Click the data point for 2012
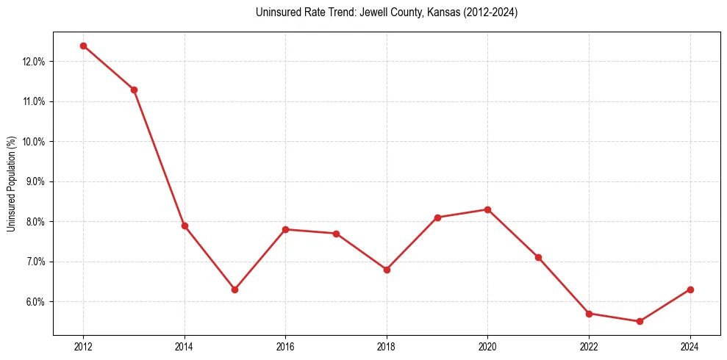pyautogui.click(x=83, y=46)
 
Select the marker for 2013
pyautogui.click(x=134, y=90)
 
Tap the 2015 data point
pyautogui.click(x=234, y=289)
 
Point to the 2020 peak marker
pyautogui.click(x=487, y=209)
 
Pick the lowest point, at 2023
pyautogui.click(x=640, y=321)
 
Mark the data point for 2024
pyautogui.click(x=690, y=289)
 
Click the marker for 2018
pyautogui.click(x=387, y=270)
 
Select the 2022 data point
pyautogui.click(x=589, y=314)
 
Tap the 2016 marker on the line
pyautogui.click(x=285, y=229)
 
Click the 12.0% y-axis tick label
pyautogui.click(x=34, y=62)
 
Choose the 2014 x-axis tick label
pyautogui.click(x=185, y=347)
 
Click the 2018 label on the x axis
pyautogui.click(x=387, y=347)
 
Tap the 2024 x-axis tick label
pyautogui.click(x=690, y=347)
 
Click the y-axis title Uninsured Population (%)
pyautogui.click(x=12, y=183)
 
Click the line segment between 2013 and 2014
pyautogui.click(x=160, y=158)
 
